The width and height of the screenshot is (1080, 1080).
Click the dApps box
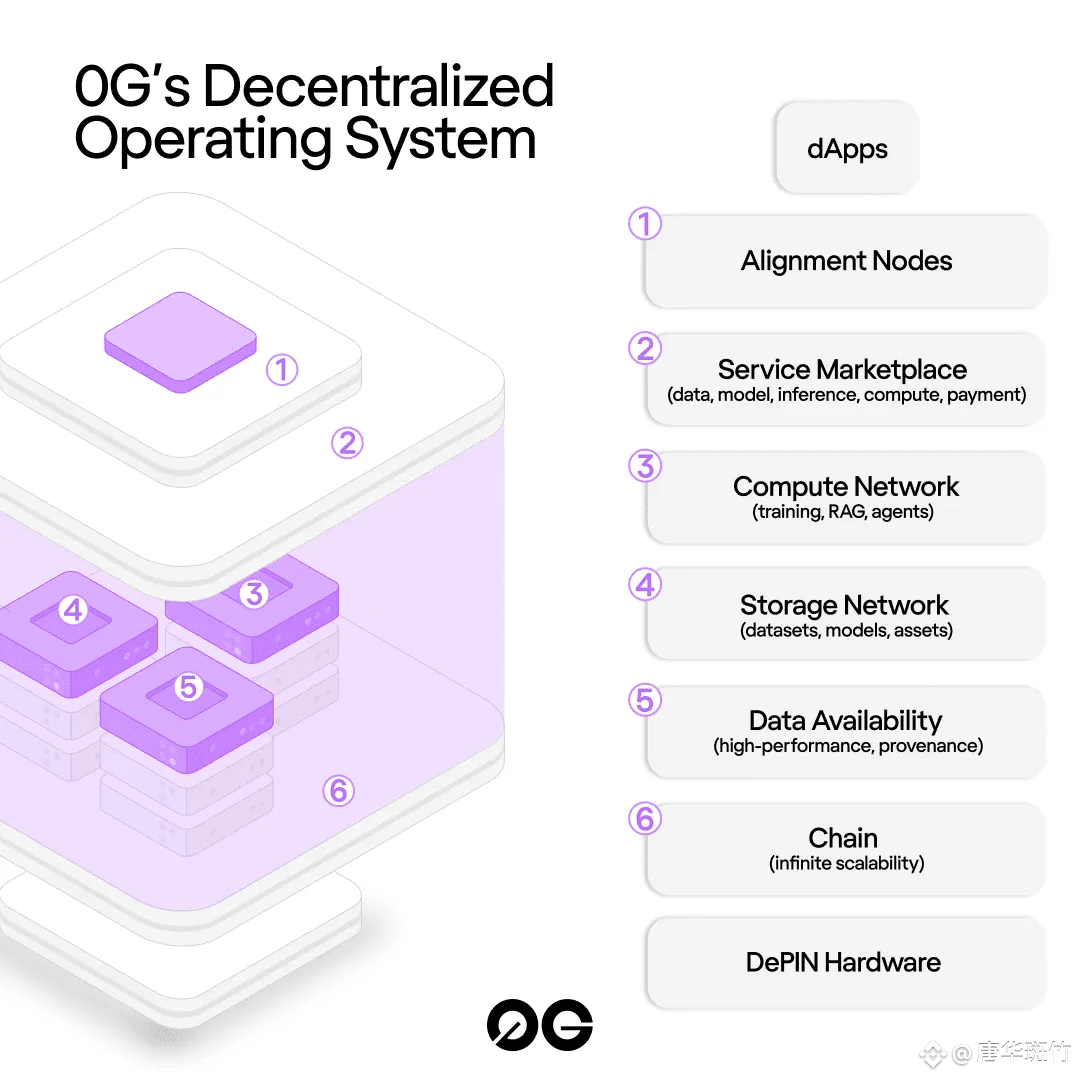tap(847, 148)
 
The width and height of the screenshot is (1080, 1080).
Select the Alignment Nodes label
tap(847, 261)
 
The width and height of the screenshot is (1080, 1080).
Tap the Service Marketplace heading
tap(842, 370)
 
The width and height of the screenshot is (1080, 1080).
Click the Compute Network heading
tap(846, 487)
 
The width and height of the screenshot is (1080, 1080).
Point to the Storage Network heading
tap(844, 605)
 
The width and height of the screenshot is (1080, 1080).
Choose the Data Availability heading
tap(846, 721)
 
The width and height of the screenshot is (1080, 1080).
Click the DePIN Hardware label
tap(843, 962)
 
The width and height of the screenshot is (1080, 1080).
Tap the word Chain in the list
tap(843, 838)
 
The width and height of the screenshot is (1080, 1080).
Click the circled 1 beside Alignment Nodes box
tap(645, 224)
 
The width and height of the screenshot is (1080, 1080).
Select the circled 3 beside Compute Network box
tap(645, 466)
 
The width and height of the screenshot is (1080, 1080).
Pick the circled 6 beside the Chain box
tap(645, 819)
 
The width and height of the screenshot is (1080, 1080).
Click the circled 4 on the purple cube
tap(74, 610)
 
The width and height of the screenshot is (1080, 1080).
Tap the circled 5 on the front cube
tap(188, 687)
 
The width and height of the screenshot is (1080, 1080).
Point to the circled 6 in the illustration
tap(339, 791)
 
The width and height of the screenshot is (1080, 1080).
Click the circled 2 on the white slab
tap(347, 443)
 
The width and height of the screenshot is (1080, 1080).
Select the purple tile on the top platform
tap(180, 342)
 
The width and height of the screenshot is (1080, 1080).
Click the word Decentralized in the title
tap(378, 85)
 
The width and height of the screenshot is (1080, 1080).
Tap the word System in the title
tap(440, 139)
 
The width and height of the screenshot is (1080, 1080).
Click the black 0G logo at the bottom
tap(540, 1025)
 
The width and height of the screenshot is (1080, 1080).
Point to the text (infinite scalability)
tap(847, 864)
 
